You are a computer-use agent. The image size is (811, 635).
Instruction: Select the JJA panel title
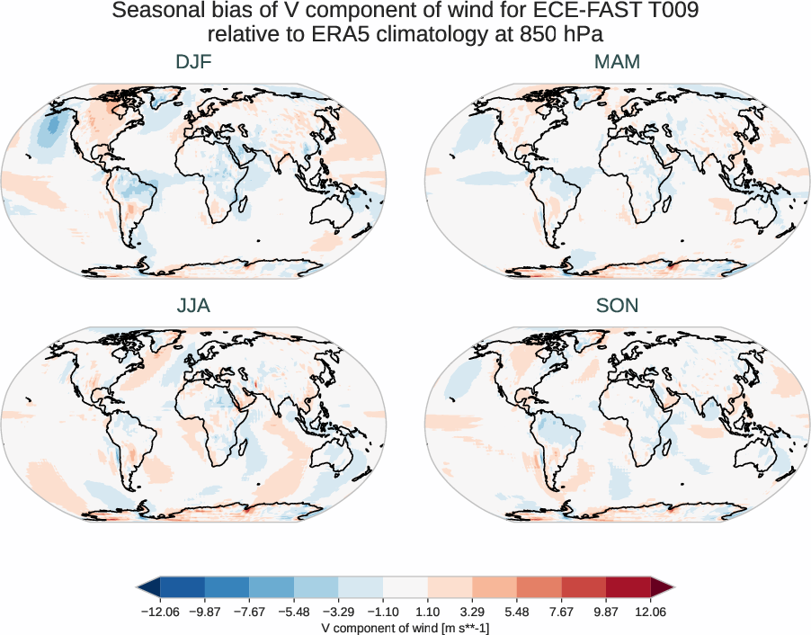tap(193, 306)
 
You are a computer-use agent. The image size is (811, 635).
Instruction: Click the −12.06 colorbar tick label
tap(160, 612)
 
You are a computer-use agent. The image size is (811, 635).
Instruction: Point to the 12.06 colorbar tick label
tap(650, 612)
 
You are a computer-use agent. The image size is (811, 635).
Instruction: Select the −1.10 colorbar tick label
tap(383, 612)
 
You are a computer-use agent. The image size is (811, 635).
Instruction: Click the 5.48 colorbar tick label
tap(516, 612)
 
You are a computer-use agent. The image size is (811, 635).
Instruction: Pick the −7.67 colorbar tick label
tap(249, 612)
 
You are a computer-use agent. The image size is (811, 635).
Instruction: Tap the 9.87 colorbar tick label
tap(605, 612)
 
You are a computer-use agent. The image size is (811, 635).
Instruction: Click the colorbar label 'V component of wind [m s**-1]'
tap(405, 627)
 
